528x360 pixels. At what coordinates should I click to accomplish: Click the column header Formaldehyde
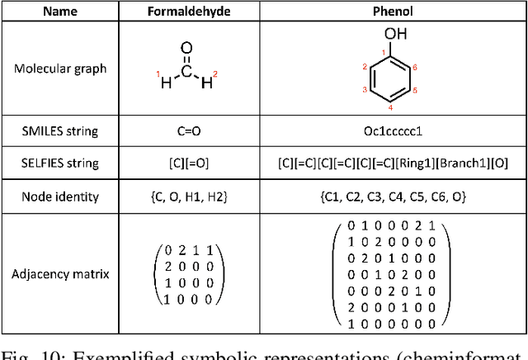189,11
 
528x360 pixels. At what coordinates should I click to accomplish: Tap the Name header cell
60,11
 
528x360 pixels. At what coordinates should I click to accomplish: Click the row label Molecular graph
60,68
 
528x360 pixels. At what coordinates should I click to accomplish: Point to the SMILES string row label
60,130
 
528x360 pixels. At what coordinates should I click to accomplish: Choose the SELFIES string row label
60,163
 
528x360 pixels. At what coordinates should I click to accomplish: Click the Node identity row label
60,197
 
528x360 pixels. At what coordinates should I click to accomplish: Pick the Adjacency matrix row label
60,273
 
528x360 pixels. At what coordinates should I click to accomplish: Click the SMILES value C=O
189,130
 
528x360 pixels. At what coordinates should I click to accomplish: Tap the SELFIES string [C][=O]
189,163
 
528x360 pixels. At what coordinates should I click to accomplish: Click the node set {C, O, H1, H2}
189,197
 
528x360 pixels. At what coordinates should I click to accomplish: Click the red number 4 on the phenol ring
391,108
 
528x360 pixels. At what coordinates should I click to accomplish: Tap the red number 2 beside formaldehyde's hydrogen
215,74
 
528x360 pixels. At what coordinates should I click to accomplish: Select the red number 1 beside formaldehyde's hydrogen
159,74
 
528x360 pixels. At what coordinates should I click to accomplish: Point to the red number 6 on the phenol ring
414,67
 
